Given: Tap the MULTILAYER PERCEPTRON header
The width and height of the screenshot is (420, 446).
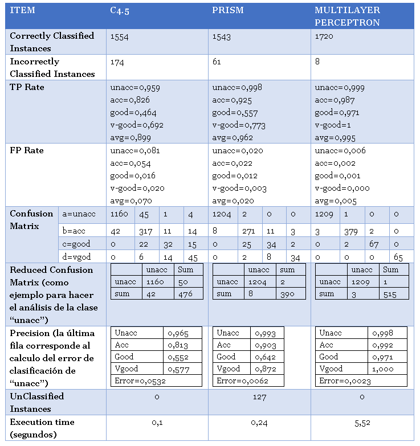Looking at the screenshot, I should click(347, 17).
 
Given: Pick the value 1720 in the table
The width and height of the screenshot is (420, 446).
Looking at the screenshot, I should click(324, 36).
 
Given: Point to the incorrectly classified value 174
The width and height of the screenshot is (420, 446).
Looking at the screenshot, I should click(117, 62).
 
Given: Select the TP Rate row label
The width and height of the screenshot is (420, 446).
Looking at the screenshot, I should click(27, 87).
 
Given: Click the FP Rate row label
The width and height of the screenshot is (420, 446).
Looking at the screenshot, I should click(27, 150).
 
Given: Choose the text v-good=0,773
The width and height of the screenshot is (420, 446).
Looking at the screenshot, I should click(239, 125).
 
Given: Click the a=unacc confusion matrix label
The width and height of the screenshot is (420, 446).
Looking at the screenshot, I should click(78, 214).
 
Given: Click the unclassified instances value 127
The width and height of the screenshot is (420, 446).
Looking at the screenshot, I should click(259, 396).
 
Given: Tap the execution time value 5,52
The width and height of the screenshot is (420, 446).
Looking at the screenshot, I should click(362, 422).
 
